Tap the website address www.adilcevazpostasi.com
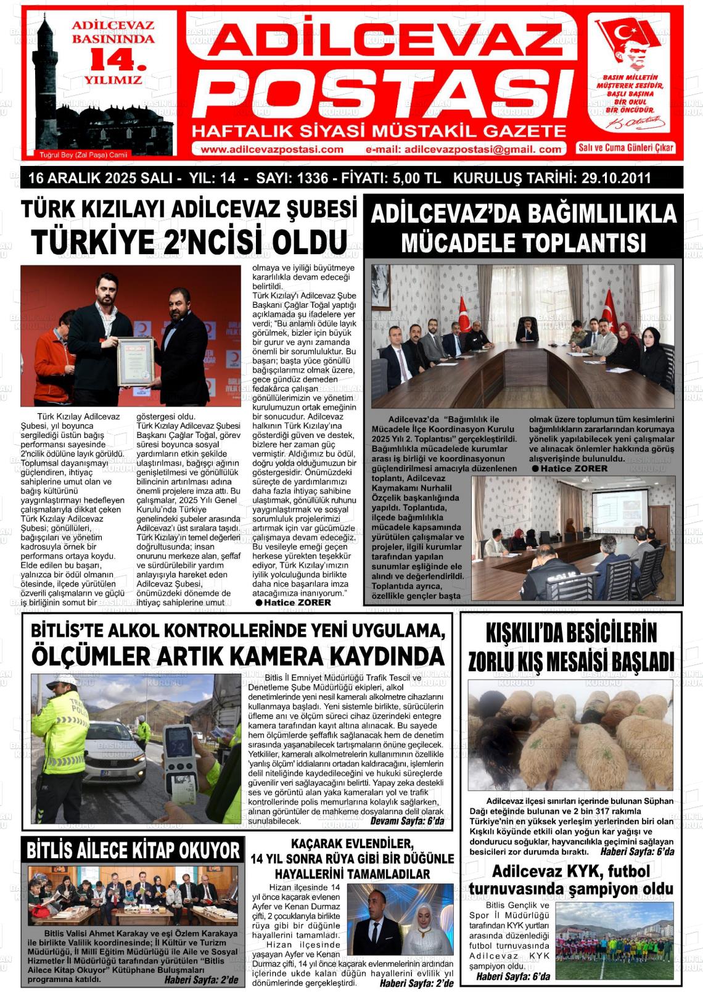coord(272,149)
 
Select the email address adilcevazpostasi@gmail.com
coord(464,149)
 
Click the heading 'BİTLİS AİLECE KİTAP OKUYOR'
coord(133,851)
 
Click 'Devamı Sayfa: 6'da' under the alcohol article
coord(407,822)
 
